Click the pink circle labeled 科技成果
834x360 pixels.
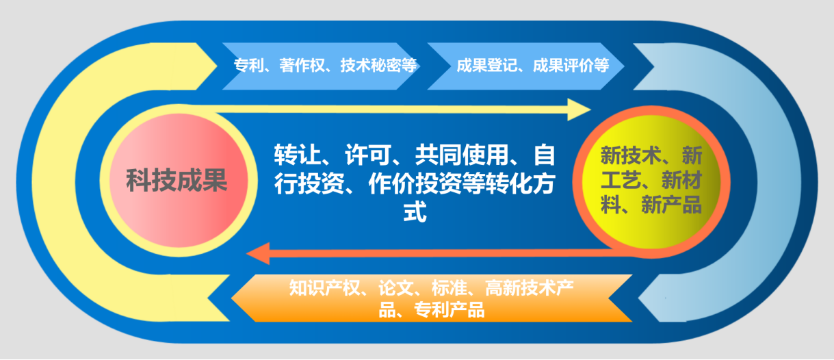pyautogui.click(x=177, y=181)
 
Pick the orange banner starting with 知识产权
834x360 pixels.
pyautogui.click(x=431, y=298)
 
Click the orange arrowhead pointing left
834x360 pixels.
pyautogui.click(x=259, y=254)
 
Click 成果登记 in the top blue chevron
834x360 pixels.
pyautogui.click(x=483, y=66)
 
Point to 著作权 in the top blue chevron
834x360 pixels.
pyautogui.click(x=304, y=66)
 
